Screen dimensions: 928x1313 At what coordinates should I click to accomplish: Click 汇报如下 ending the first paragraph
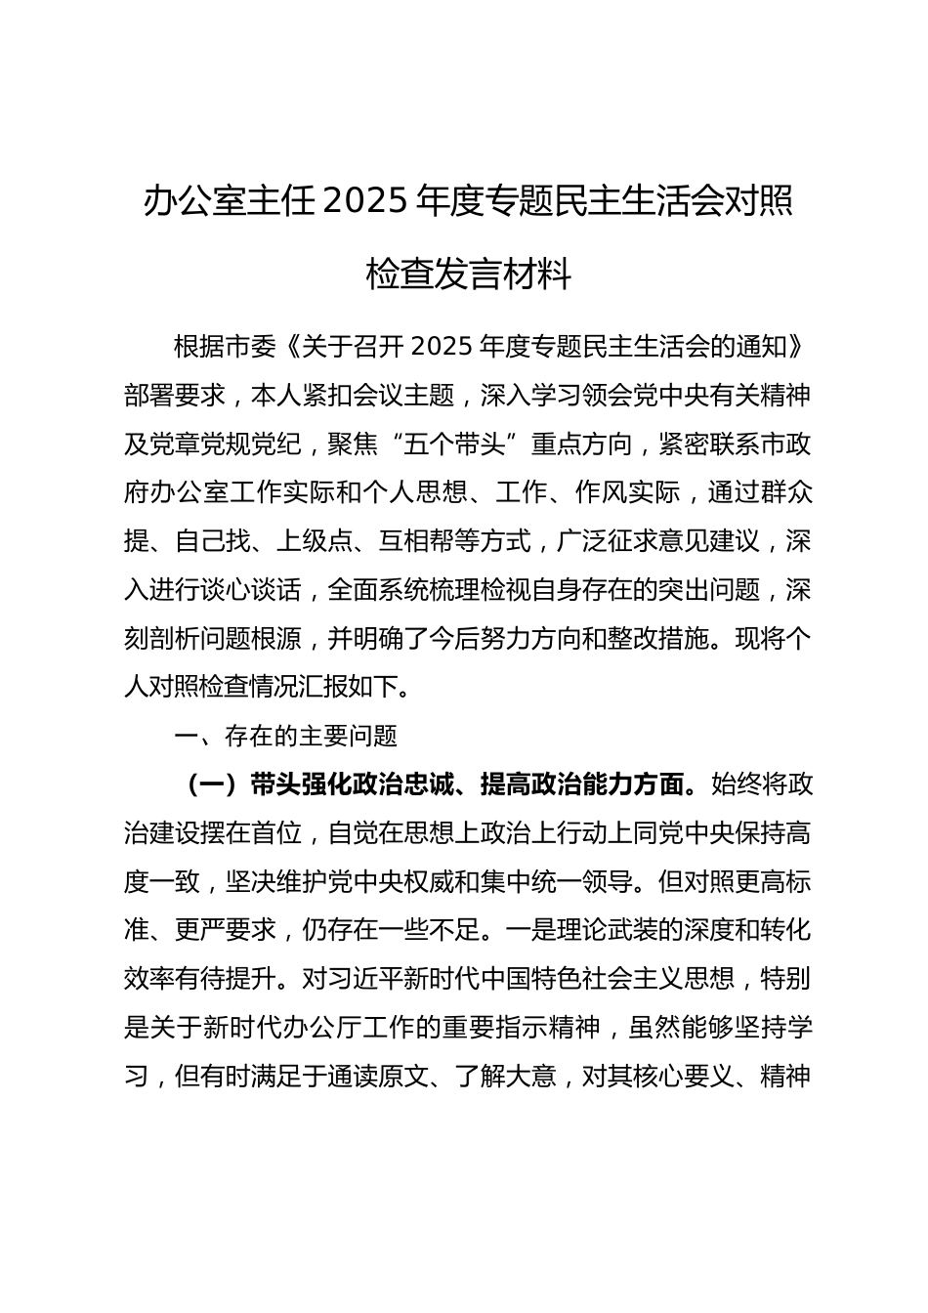pyautogui.click(x=351, y=687)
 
